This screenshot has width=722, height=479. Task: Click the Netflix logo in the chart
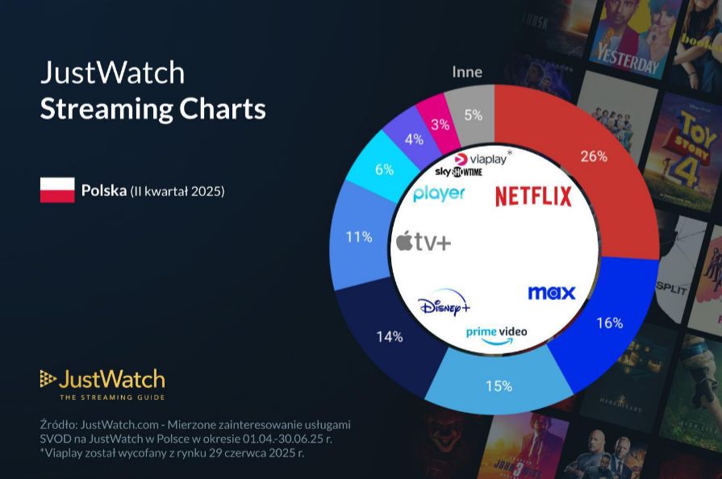pyautogui.click(x=533, y=196)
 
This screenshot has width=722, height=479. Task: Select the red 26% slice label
pyautogui.click(x=594, y=156)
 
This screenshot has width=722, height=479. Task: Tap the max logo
pyautogui.click(x=552, y=292)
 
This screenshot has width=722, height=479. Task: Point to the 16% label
pyautogui.click(x=609, y=323)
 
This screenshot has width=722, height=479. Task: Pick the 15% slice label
pyautogui.click(x=499, y=385)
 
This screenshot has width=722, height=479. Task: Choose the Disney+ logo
pyautogui.click(x=444, y=306)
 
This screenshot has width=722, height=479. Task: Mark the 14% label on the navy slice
pyautogui.click(x=389, y=336)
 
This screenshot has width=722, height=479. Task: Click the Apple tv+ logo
pyautogui.click(x=423, y=241)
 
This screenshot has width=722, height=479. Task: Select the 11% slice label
pyautogui.click(x=359, y=237)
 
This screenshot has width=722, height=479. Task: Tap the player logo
pyautogui.click(x=439, y=194)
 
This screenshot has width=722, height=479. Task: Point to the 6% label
pyautogui.click(x=384, y=169)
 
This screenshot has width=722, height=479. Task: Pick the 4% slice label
pyautogui.click(x=415, y=139)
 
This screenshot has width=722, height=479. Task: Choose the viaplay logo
pyautogui.click(x=484, y=159)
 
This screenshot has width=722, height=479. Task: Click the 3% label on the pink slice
pyautogui.click(x=440, y=124)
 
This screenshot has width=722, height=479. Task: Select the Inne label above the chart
pyautogui.click(x=467, y=72)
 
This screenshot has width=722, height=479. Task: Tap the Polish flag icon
pyautogui.click(x=57, y=190)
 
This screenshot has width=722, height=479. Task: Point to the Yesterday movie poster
pyautogui.click(x=625, y=40)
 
